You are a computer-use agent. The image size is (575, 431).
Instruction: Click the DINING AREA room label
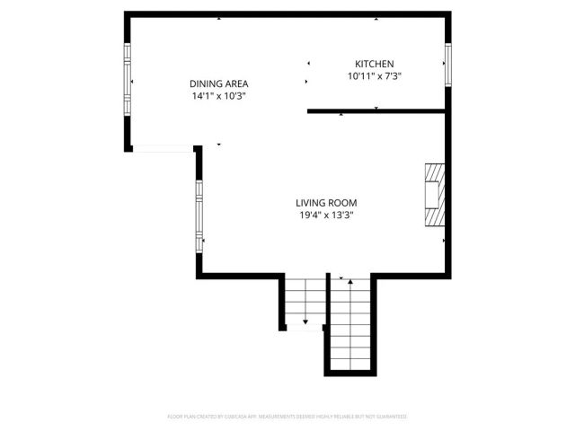click(218, 83)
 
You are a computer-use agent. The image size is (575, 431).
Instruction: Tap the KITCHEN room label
click(374, 64)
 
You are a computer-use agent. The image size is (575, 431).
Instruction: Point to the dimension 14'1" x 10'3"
click(218, 95)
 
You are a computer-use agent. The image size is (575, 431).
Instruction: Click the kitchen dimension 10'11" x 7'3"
click(374, 76)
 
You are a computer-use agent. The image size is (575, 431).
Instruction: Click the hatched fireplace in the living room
click(435, 196)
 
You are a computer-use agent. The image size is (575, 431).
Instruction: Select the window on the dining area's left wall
click(127, 83)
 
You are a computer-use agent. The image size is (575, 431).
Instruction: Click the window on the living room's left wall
click(199, 215)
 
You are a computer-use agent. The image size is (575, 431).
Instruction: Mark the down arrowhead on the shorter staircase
click(305, 321)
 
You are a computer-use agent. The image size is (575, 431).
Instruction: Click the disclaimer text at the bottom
click(287, 417)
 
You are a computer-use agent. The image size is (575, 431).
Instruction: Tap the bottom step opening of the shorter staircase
click(305, 329)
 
